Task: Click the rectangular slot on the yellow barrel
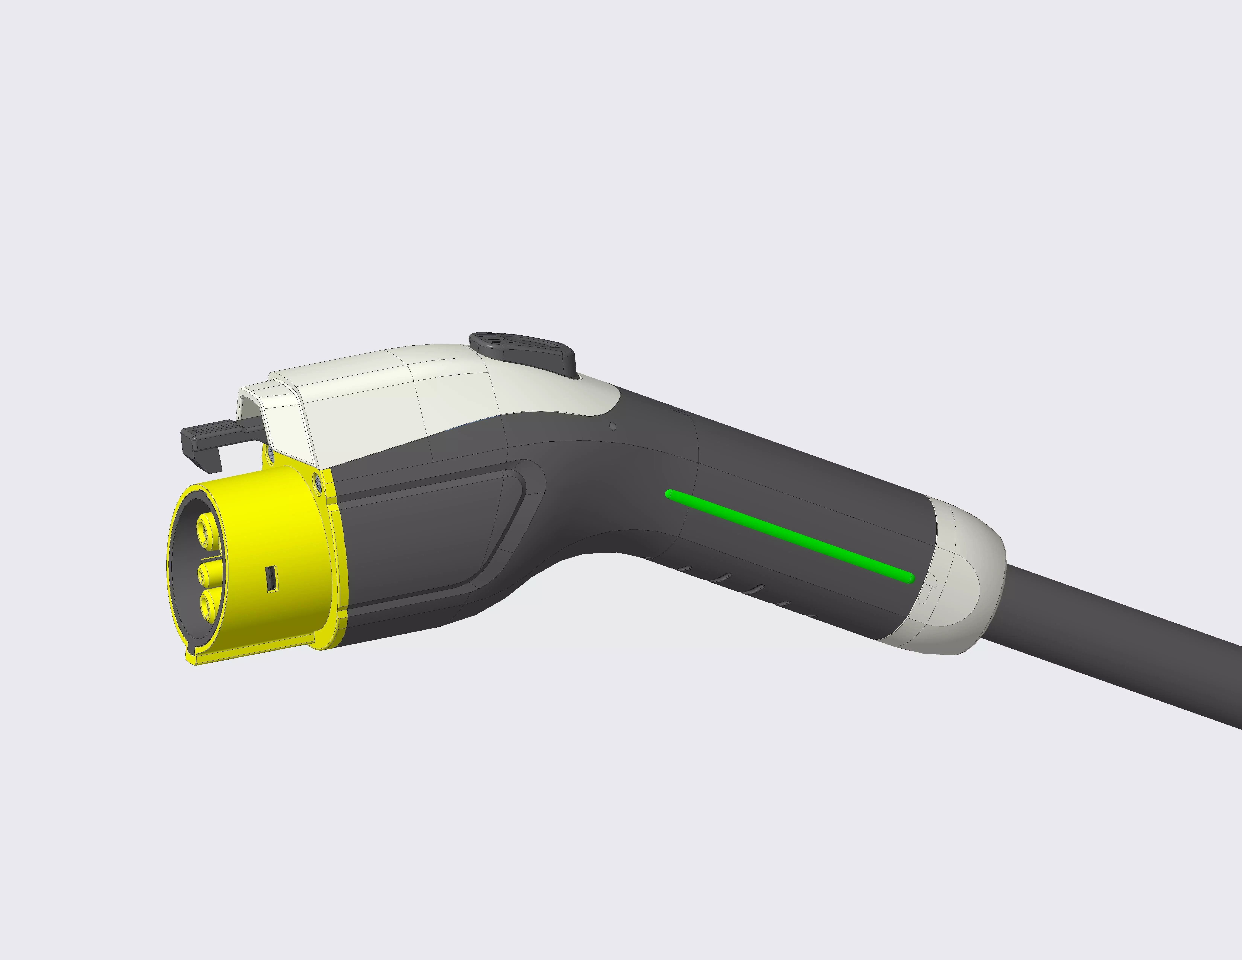pyautogui.click(x=272, y=578)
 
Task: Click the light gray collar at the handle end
pyautogui.click(x=961, y=586)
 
